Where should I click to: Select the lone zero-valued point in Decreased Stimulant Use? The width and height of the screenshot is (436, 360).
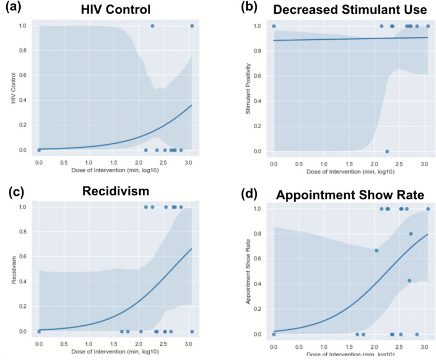(x=387, y=151)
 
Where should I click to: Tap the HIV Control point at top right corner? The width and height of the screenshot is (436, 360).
(x=192, y=26)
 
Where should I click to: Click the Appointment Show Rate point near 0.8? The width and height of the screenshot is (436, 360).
(x=411, y=234)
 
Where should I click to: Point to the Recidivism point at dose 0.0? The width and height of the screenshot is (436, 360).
(x=39, y=331)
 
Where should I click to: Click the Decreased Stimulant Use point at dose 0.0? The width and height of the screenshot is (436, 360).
(x=273, y=26)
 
